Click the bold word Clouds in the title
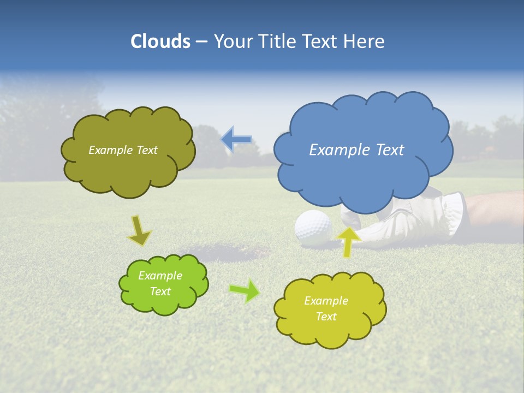(160, 41)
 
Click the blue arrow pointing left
(236, 140)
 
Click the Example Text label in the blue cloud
(356, 150)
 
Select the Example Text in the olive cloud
(123, 150)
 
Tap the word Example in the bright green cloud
(160, 276)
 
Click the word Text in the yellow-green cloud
(326, 317)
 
